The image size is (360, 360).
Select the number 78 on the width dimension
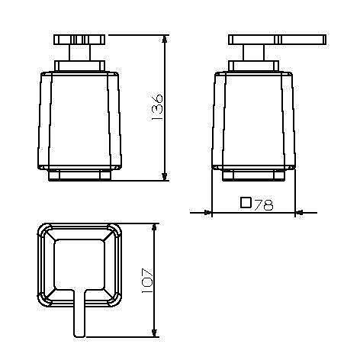(x=263, y=204)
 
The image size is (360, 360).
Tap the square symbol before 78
(x=246, y=203)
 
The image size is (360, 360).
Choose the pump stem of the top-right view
(x=253, y=56)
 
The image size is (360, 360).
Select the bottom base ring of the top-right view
(x=254, y=175)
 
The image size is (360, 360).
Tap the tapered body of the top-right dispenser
(x=254, y=118)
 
